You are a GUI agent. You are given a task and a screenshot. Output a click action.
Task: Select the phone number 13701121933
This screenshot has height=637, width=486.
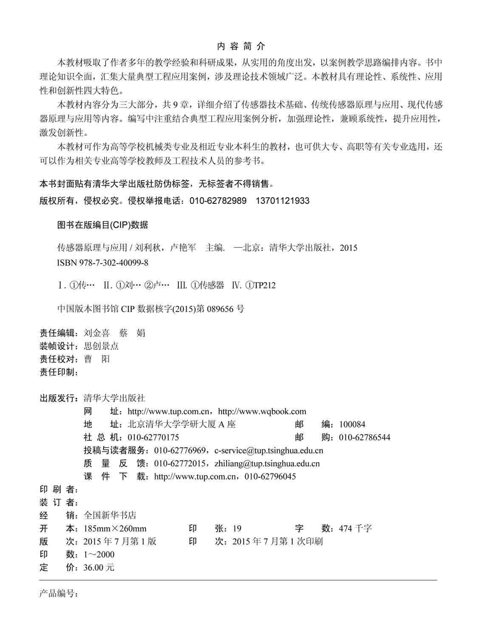click(x=283, y=201)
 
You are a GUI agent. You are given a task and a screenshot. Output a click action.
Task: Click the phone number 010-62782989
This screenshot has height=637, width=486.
click(x=218, y=201)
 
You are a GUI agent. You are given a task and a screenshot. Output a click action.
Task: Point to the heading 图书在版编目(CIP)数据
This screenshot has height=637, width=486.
click(x=102, y=225)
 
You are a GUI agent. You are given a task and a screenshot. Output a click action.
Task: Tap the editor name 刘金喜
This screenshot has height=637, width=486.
click(x=97, y=333)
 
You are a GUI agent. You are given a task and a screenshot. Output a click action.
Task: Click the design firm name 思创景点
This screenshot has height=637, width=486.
click(x=101, y=346)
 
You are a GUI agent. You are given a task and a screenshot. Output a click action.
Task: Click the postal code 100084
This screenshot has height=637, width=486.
click(x=352, y=424)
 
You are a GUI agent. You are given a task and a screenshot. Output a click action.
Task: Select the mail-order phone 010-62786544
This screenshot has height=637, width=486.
click(x=364, y=437)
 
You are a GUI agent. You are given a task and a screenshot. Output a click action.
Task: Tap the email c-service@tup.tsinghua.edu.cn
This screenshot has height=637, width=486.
click(x=268, y=451)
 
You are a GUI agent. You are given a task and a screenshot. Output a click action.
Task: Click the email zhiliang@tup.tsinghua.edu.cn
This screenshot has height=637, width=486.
click(x=267, y=464)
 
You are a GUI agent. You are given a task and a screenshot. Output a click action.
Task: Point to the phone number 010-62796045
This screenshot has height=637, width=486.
click(x=270, y=476)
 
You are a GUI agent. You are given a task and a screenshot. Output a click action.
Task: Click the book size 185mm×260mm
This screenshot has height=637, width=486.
click(x=115, y=529)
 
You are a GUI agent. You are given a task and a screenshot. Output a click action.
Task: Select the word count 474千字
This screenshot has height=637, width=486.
click(x=355, y=529)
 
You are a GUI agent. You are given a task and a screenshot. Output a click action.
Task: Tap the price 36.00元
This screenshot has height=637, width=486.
click(x=99, y=568)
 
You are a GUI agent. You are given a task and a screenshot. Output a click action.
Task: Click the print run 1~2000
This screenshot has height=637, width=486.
click(x=99, y=555)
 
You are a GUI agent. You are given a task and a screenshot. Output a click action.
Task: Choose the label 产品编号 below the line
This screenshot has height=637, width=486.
click(x=59, y=594)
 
